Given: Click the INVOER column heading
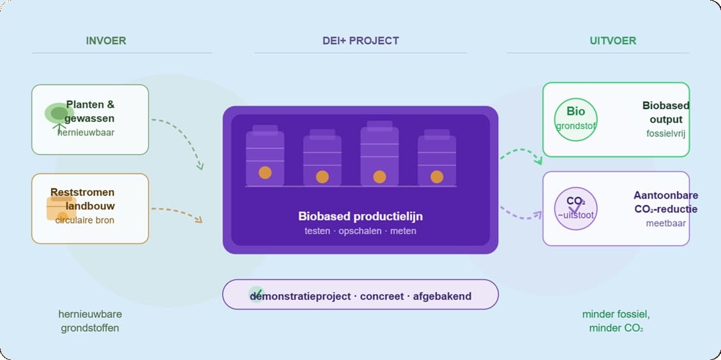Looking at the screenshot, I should coord(106,41).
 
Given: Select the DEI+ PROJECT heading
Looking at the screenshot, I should coord(360,41).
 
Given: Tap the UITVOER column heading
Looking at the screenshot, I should coord(612,41).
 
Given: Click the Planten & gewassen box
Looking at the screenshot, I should coord(90,119).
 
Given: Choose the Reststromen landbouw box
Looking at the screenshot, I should coord(90,208).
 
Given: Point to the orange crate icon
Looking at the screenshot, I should coord(61,208).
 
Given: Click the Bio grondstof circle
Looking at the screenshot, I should coord(575,119).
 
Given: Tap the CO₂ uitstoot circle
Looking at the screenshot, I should coord(575,208).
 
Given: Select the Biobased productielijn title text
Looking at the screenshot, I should coord(360,216).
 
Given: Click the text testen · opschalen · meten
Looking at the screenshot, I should coord(360,230).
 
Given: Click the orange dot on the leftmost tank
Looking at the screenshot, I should coord(265,172).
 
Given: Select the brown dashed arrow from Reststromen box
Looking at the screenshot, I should coord(179,212).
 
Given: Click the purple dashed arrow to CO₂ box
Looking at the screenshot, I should coord(519,214).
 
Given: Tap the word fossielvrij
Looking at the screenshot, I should coord(665,133).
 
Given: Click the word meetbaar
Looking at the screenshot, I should coord(665,223).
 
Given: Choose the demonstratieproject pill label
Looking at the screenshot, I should coord(360,296).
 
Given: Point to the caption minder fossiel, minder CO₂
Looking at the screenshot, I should coord(616,321).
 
